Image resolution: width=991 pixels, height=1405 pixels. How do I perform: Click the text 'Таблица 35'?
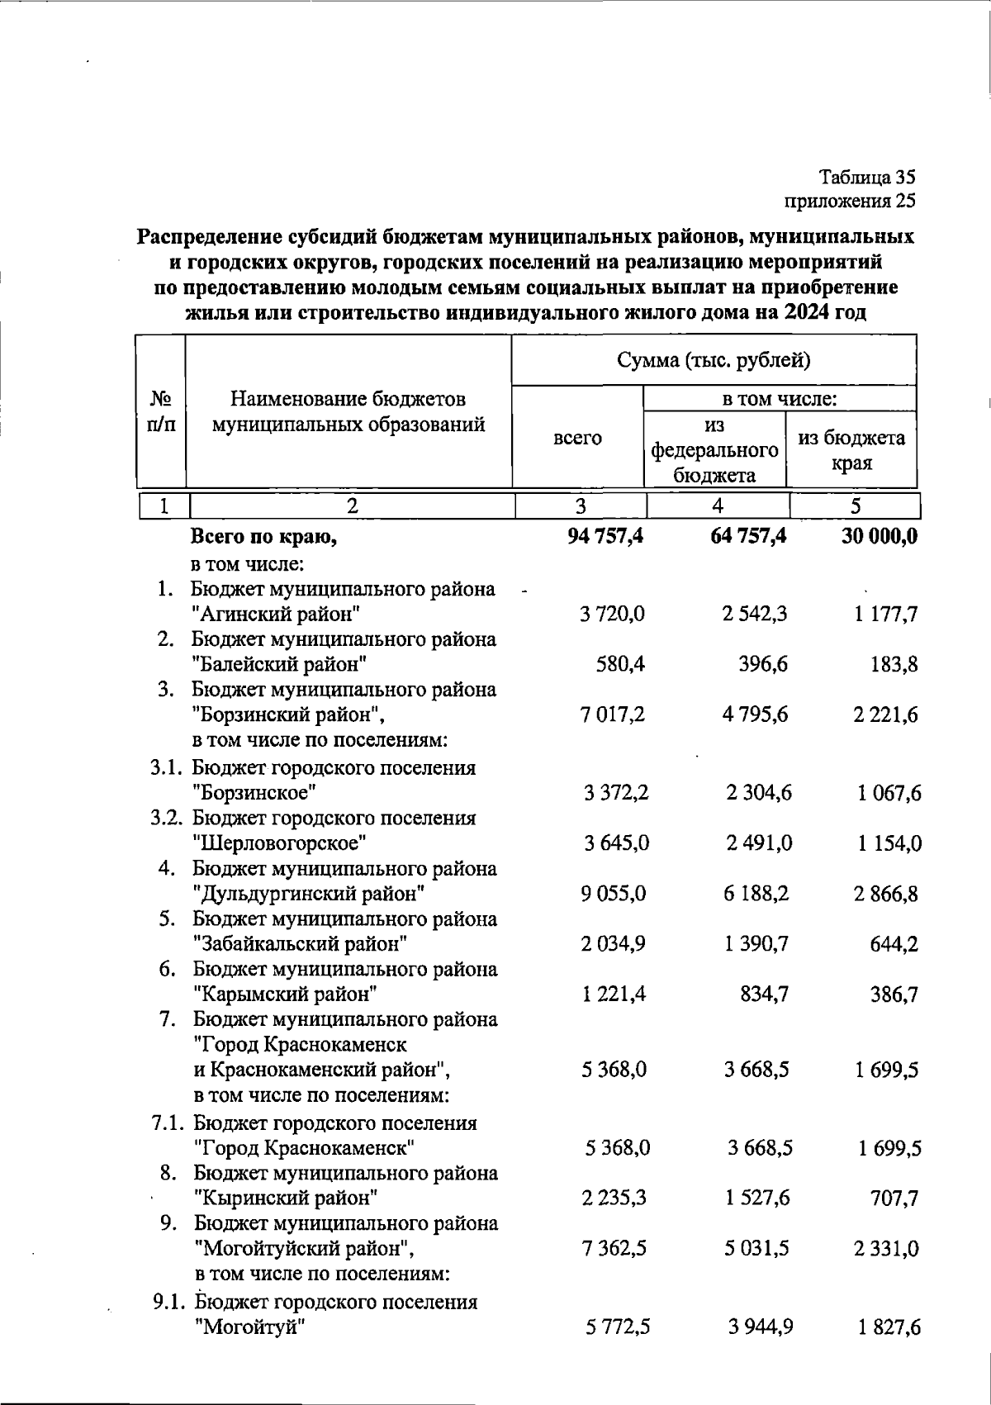tap(867, 176)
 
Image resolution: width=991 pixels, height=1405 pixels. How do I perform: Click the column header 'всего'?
tap(577, 439)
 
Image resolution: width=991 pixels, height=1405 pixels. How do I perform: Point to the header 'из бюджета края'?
tap(851, 450)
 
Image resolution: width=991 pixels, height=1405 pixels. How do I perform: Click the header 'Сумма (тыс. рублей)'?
tap(714, 360)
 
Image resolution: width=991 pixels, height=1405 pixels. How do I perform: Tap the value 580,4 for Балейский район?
tap(620, 664)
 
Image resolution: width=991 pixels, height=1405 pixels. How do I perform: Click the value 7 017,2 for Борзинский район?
tap(613, 714)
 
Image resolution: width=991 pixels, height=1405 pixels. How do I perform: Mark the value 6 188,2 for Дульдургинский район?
tap(756, 894)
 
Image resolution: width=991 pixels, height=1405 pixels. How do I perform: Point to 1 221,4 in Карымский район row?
tap(614, 994)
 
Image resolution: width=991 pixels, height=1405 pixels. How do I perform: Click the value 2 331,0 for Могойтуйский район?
tap(886, 1248)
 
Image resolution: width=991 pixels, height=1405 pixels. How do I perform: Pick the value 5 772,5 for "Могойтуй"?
tap(618, 1327)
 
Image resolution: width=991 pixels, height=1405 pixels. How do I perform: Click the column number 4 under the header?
tap(718, 506)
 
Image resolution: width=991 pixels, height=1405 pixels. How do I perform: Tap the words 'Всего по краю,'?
tap(264, 538)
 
